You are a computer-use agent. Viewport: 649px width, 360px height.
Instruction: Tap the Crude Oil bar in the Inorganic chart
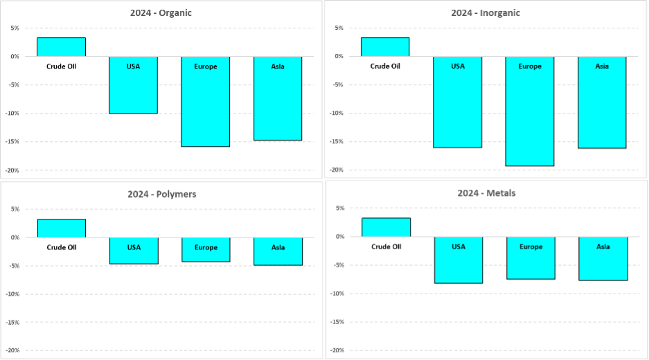pos(385,47)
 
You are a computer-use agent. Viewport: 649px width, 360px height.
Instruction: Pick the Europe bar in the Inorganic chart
pos(530,118)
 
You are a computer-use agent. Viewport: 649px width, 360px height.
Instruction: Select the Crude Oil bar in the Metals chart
pos(386,227)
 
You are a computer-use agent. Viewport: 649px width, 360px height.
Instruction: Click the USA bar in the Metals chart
pos(459,266)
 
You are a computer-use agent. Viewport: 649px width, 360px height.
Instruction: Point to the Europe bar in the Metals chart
pos(531,264)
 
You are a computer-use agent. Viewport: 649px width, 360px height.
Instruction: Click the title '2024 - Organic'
pos(161,12)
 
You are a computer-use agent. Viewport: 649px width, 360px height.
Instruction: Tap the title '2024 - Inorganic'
pos(488,12)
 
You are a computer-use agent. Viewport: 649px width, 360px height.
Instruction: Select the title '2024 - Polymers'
pos(161,194)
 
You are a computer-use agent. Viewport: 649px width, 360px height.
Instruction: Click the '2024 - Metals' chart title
pos(486,193)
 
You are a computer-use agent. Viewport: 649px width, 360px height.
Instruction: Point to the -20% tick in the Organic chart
pos(14,170)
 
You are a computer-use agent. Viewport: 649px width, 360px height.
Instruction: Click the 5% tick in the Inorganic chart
pos(339,28)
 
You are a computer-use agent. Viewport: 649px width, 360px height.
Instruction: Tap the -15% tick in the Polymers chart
pos(14,323)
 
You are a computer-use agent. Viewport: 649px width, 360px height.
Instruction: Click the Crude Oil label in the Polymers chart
pos(61,247)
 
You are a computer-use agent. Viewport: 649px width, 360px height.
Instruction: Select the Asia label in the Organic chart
pos(278,66)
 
